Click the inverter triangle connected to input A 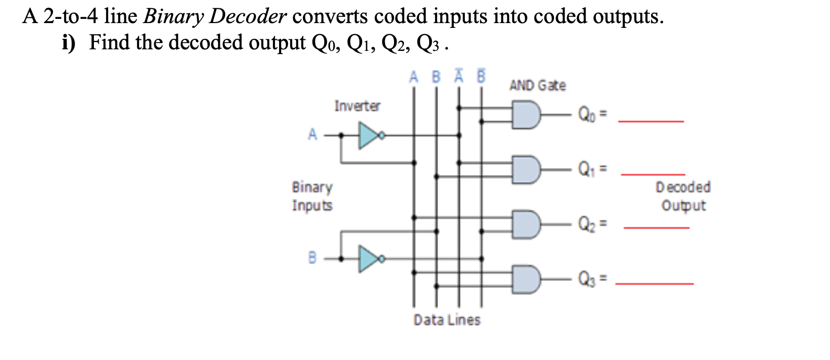[368, 135]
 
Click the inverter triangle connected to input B [368, 259]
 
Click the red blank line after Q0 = [651, 122]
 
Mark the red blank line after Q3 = [654, 284]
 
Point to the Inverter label [357, 106]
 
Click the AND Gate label [537, 86]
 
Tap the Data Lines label [446, 320]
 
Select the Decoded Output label [683, 196]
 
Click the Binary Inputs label [312, 196]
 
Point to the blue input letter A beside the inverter [313, 134]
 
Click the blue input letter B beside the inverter [312, 258]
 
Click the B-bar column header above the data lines [481, 77]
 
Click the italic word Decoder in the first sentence [248, 16]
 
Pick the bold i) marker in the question [69, 43]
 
